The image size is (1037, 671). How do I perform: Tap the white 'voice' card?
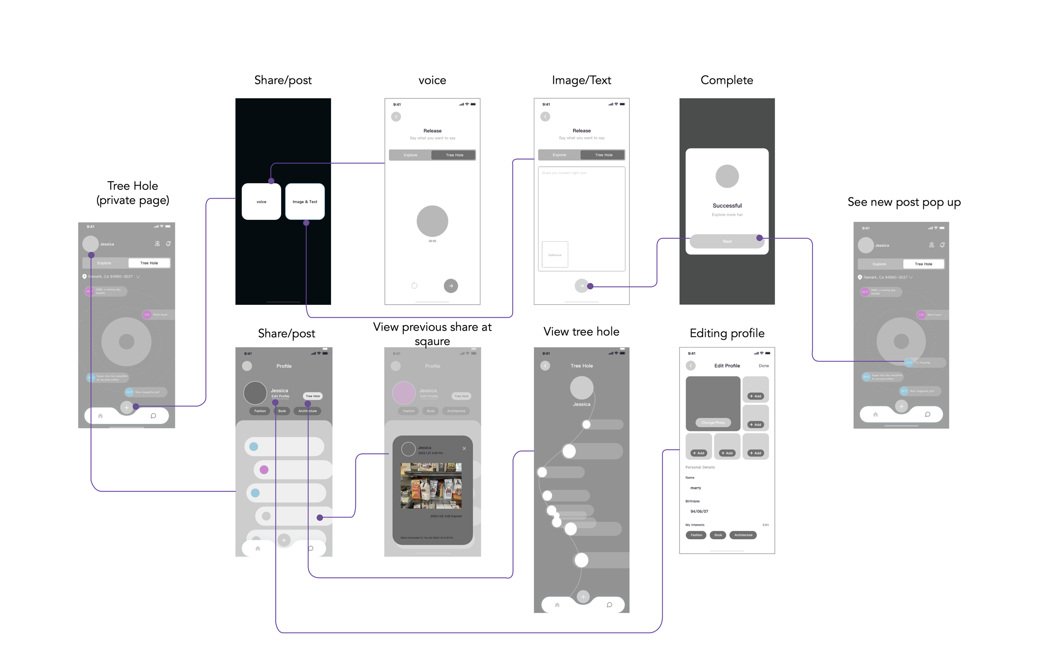click(x=261, y=202)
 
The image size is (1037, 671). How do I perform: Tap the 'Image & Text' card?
click(x=304, y=202)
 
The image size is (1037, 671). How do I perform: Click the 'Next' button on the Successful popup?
click(x=726, y=241)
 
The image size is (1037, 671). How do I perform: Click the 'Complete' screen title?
click(x=726, y=80)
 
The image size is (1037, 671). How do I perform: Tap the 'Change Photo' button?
click(x=713, y=423)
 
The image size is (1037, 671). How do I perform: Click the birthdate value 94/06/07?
click(x=699, y=511)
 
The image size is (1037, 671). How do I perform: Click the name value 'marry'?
click(x=695, y=488)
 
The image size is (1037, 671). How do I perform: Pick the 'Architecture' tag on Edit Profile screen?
click(x=743, y=535)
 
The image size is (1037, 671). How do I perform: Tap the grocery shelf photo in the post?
click(x=431, y=486)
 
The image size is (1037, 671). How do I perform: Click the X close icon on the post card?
click(x=464, y=448)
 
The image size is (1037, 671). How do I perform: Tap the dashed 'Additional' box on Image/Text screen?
click(x=555, y=255)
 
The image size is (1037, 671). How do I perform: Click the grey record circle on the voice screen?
click(x=432, y=221)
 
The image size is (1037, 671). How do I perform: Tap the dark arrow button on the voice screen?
click(x=450, y=286)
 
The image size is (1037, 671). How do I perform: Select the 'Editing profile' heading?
click(x=727, y=333)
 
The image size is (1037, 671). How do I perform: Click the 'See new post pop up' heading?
click(x=904, y=202)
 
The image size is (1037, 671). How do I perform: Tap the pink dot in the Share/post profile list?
click(x=264, y=470)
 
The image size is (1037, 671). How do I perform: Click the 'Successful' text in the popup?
click(x=727, y=206)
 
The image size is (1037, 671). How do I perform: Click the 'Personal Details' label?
click(x=700, y=467)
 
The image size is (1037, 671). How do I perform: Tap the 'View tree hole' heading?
click(x=581, y=332)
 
